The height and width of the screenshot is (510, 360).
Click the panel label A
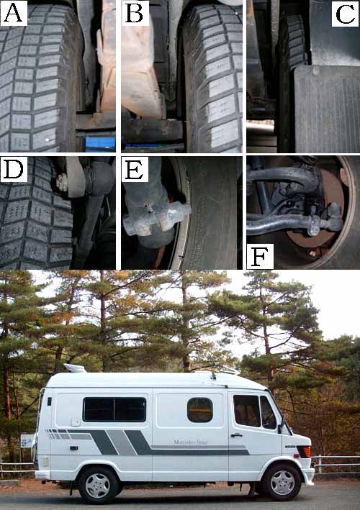(14, 13)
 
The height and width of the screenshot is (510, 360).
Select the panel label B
(135, 13)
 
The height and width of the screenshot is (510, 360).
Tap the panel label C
(345, 14)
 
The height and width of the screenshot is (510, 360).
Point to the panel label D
(14, 169)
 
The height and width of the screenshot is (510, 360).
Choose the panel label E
(135, 169)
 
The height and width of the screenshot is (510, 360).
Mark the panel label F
(260, 257)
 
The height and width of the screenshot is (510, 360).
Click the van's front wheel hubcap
(282, 482)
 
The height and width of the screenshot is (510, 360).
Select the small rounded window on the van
(200, 410)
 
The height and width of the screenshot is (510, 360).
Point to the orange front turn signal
(307, 452)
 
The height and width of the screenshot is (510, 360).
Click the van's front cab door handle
(236, 435)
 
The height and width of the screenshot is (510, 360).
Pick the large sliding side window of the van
(114, 409)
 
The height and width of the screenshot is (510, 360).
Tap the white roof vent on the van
(74, 368)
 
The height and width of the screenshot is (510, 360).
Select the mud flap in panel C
(327, 109)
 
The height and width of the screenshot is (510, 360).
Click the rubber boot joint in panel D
(99, 178)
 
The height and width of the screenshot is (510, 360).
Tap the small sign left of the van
(27, 441)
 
